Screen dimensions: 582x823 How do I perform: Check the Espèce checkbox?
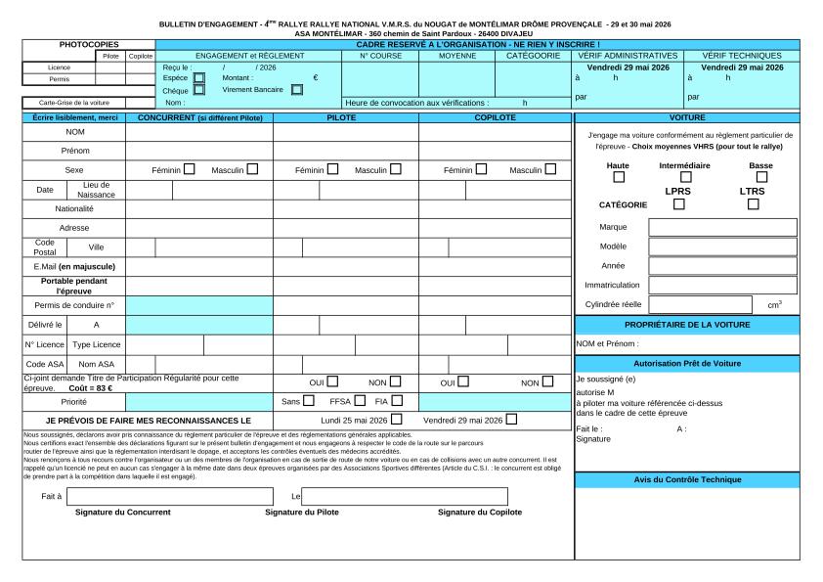coord(199,77)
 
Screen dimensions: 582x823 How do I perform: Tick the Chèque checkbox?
coord(199,90)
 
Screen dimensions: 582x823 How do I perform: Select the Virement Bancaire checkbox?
coord(297,90)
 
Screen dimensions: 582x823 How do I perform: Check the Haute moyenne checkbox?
coord(619,177)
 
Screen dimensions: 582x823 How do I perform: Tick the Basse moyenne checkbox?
coord(761,177)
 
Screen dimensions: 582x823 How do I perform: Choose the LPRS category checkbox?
coord(678,204)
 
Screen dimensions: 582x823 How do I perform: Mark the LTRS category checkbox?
coord(753,204)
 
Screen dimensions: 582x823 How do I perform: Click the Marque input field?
coord(722,227)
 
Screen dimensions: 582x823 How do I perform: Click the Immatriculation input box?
coord(722,285)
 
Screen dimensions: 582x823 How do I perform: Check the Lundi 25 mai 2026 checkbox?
coord(397,420)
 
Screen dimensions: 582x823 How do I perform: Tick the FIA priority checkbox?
coord(396,400)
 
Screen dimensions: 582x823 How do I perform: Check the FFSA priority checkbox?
coord(360,400)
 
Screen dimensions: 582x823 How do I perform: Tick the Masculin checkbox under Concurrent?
coord(252,169)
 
